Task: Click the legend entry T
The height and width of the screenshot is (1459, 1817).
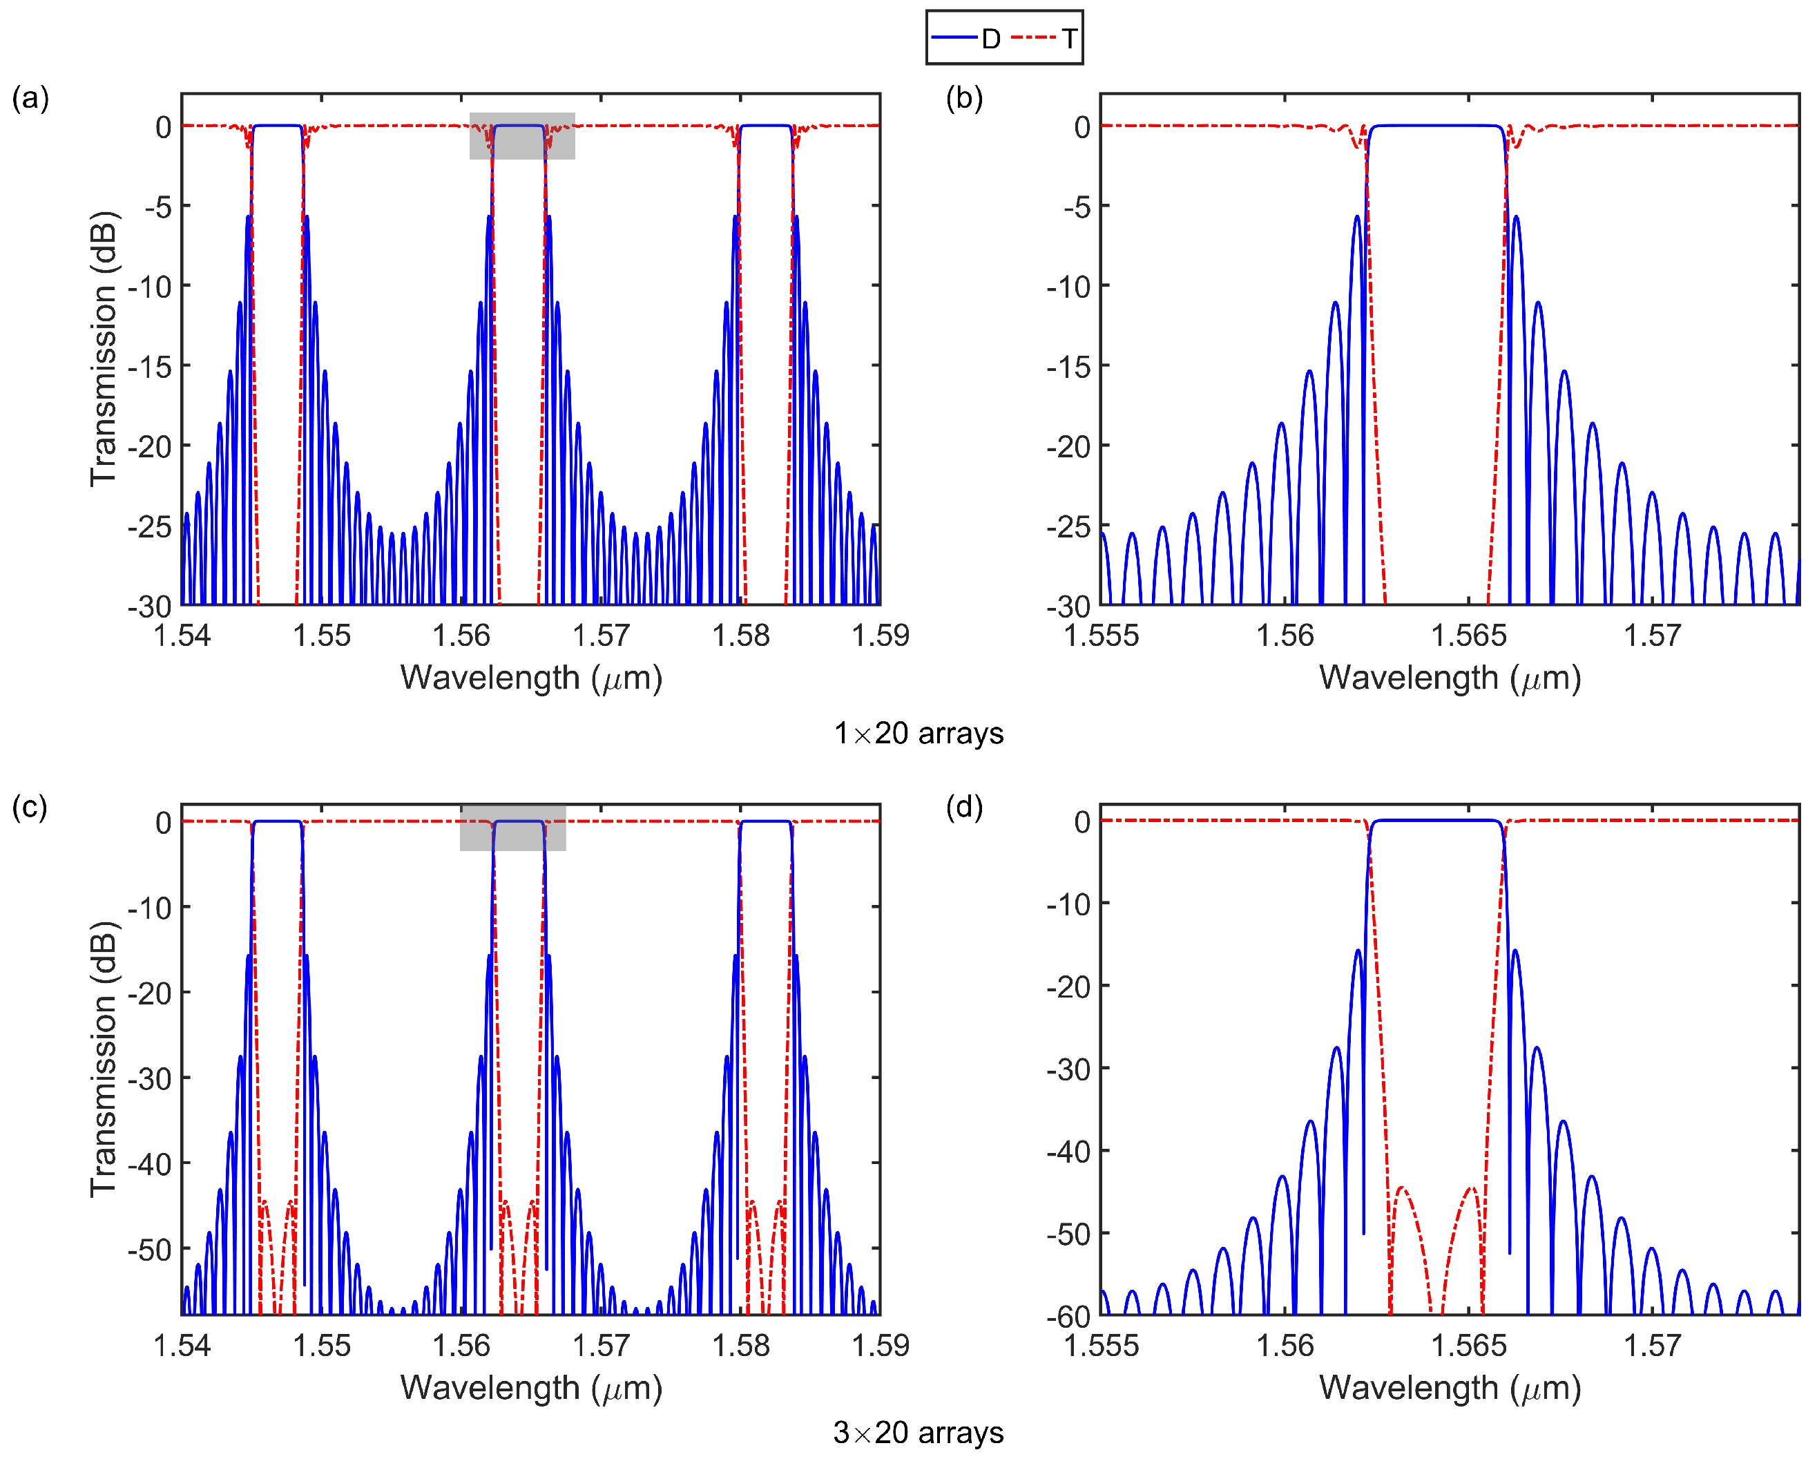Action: tap(1046, 38)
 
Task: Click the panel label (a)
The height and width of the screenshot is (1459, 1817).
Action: tap(30, 98)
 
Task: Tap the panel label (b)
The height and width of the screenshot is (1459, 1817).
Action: tap(964, 98)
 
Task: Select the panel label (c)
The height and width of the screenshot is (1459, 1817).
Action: tap(30, 808)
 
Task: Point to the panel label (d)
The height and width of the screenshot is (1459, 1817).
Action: tap(964, 808)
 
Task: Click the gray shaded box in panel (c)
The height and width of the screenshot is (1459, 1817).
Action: tap(512, 828)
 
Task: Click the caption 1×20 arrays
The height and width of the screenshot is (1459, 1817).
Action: tap(919, 733)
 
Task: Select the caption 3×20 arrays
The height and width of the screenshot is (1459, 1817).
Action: tap(919, 1433)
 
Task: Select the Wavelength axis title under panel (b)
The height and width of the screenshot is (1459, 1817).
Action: tap(1450, 678)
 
